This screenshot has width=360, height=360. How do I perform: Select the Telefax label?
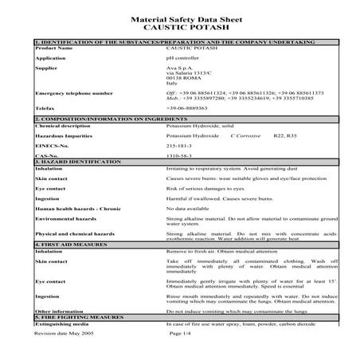(45, 108)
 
